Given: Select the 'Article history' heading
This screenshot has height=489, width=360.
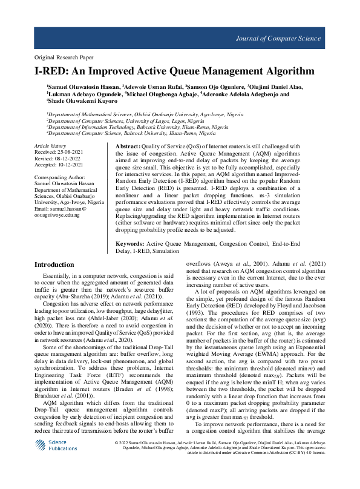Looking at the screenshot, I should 50,147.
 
